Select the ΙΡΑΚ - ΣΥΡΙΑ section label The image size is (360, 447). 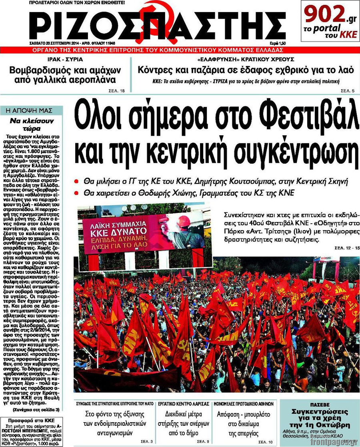66,60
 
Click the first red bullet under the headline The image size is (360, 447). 76,181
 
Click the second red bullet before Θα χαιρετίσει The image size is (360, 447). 76,193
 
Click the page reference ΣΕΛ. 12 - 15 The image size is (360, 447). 346,249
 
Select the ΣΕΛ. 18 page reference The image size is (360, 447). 116,91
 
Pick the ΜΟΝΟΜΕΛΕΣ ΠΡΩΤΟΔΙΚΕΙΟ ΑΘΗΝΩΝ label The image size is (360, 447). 244,404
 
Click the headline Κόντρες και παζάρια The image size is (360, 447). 246,70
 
